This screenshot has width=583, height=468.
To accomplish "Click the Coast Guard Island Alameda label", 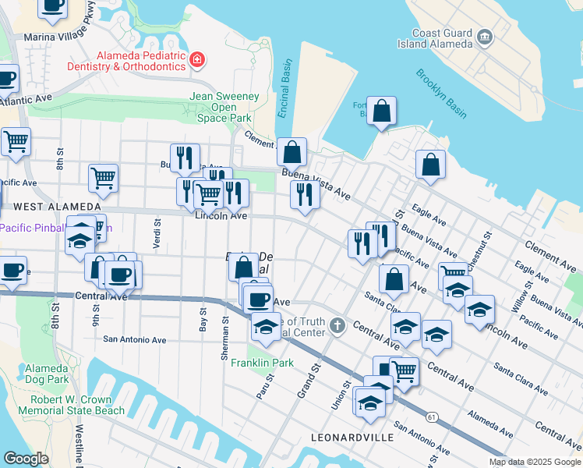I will point(442,37).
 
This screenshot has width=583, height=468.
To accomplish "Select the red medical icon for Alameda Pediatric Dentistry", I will point(198,59).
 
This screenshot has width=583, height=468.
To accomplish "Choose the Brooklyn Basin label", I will point(441,94).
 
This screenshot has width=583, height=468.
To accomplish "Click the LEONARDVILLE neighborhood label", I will point(352,438).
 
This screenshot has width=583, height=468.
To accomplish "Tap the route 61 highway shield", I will point(431,417).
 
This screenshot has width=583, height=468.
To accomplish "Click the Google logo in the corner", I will point(26,459).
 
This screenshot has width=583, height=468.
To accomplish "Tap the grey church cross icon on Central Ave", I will point(337,324).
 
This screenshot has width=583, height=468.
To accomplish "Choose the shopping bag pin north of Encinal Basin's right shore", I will point(382,113).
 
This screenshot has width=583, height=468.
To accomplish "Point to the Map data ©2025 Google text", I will point(534,462).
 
